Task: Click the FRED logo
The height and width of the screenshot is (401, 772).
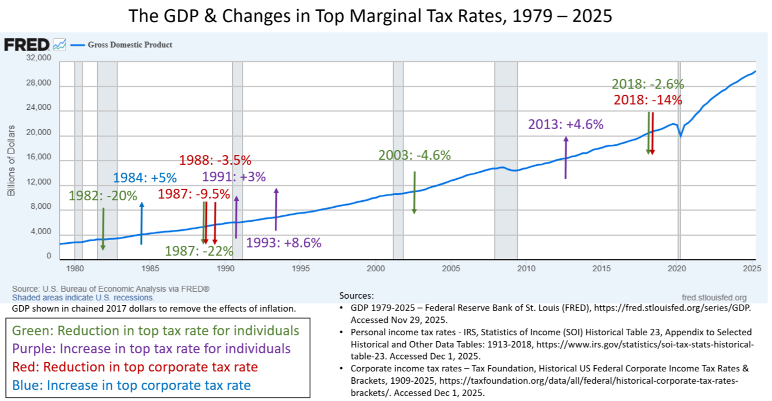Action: (27, 45)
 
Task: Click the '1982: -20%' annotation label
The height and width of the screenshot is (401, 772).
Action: (103, 195)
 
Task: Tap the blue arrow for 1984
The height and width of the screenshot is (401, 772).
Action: (141, 223)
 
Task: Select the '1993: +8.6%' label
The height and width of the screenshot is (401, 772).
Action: (283, 242)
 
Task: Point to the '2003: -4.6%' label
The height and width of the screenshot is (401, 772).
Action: (414, 156)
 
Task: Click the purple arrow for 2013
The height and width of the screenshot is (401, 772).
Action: (566, 157)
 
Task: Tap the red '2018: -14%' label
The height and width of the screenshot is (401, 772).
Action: (648, 100)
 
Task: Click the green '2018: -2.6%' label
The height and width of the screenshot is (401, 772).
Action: (648, 85)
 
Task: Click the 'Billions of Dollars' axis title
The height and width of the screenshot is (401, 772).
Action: (11, 160)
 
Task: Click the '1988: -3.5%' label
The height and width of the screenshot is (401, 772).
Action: (215, 160)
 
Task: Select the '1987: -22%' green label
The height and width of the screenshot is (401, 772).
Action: (199, 251)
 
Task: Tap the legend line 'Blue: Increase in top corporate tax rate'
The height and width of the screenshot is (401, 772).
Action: (148, 385)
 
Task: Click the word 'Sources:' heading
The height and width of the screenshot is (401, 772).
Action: (356, 296)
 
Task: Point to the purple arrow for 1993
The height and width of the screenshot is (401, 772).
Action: (276, 210)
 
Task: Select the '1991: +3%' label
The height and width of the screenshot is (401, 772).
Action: (234, 177)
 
